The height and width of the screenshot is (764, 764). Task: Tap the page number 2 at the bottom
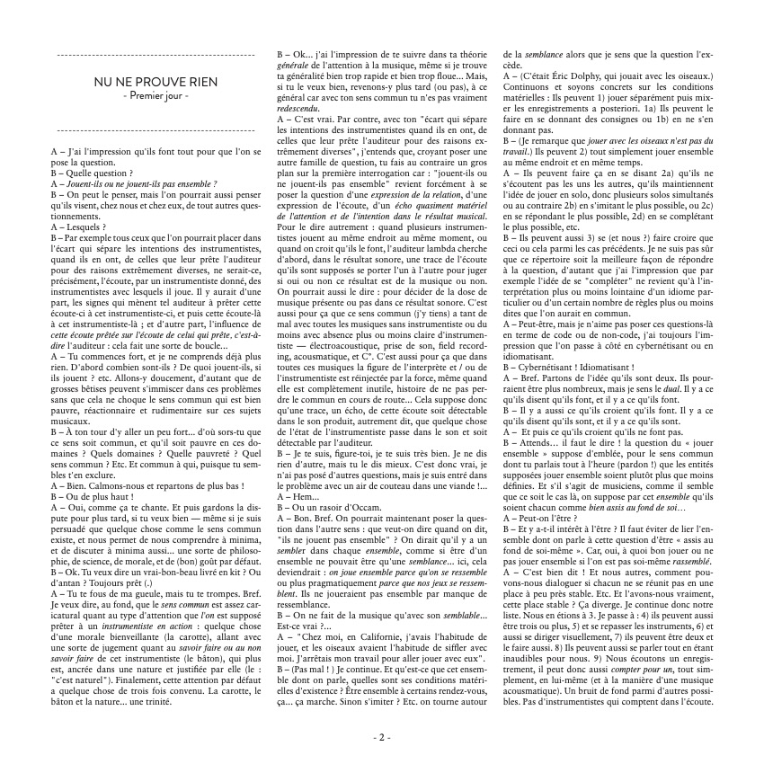point(381,737)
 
